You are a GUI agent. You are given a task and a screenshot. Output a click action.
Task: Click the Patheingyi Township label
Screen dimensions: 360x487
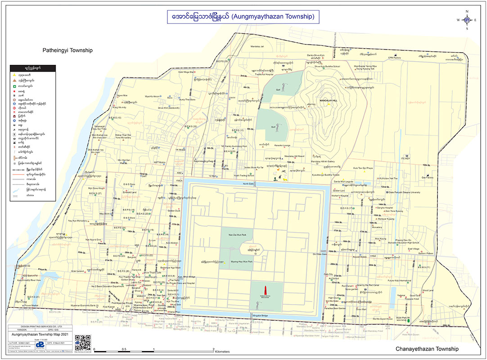(67, 50)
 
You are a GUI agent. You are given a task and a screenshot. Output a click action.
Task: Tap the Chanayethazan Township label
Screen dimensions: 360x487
(427, 349)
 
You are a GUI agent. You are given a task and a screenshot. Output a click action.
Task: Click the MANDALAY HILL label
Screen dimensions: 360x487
(329, 100)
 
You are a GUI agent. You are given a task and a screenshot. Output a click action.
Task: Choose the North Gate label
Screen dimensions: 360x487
(248, 184)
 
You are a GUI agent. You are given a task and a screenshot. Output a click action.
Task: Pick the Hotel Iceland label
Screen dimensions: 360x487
(77, 271)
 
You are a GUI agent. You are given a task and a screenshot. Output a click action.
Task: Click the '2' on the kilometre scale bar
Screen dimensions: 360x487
(213, 349)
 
